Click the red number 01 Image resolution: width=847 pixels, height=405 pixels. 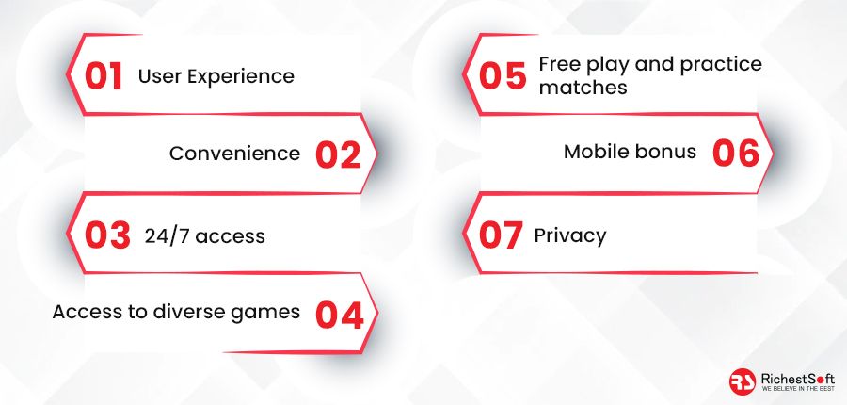point(104,76)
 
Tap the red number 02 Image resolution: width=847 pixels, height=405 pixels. point(338,154)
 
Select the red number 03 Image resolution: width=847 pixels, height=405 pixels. point(107,235)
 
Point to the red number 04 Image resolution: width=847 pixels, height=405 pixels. point(339,315)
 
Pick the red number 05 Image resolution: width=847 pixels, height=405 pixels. point(503,75)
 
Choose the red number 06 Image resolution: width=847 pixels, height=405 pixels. point(736,154)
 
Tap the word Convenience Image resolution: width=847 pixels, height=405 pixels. point(234,154)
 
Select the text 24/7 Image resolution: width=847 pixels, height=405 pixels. point(165,236)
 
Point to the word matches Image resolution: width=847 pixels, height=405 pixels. point(583,87)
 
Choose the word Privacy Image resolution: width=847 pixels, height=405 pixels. point(570,236)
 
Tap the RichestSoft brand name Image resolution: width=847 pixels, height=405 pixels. point(797,379)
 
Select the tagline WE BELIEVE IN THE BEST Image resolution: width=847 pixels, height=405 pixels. point(797,389)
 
